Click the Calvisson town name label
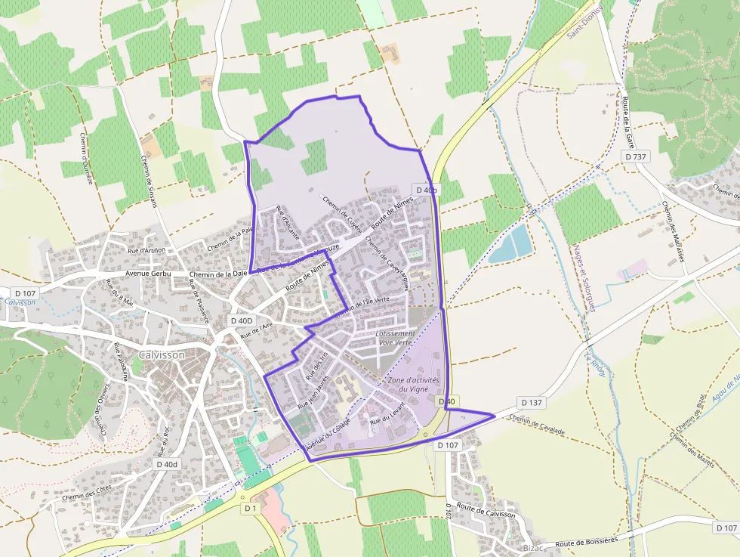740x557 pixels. [162, 354]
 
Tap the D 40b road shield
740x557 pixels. [426, 190]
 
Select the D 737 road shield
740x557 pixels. [636, 156]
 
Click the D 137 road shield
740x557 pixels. [532, 403]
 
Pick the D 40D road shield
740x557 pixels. [242, 320]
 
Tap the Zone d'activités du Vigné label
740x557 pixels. [408, 384]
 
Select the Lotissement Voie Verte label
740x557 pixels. [395, 338]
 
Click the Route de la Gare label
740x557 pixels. [626, 123]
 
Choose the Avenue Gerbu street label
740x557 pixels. [148, 274]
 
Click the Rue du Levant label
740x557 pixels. [388, 413]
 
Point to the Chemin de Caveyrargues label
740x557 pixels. [387, 262]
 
